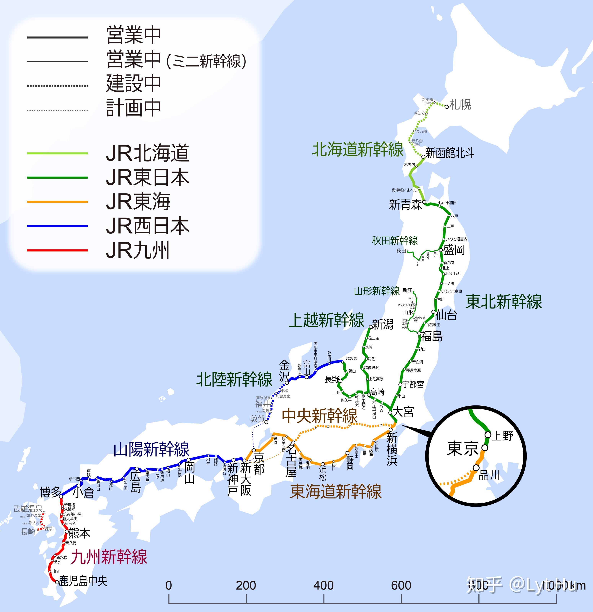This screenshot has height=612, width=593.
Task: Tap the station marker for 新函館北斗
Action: pos(424,156)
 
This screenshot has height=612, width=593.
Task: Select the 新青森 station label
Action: pos(405,205)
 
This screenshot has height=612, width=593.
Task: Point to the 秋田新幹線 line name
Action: pos(395,240)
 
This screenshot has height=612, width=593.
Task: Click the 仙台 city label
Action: pos(446,315)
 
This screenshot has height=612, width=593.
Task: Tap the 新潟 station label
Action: pos(383,324)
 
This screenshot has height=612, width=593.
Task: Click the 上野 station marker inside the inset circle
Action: pos(488,435)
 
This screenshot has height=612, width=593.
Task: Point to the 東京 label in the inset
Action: pos(463,448)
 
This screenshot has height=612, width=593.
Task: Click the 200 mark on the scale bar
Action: pos(246,585)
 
